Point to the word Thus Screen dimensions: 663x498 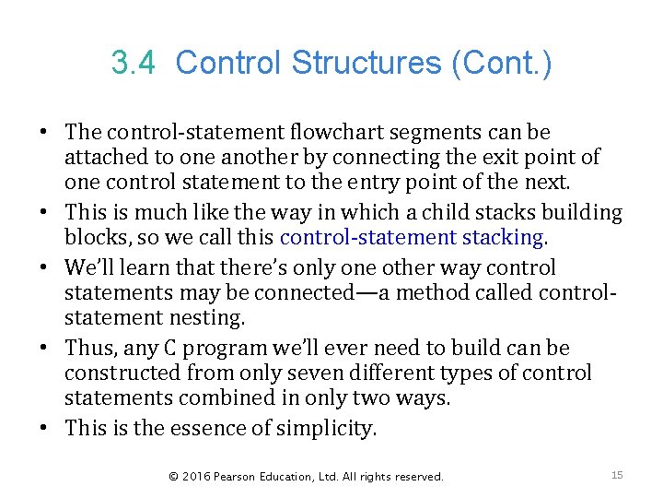pos(89,348)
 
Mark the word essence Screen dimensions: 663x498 pos(231,428)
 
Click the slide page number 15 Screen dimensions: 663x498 pos(617,475)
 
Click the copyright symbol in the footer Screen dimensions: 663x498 pos(172,477)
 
